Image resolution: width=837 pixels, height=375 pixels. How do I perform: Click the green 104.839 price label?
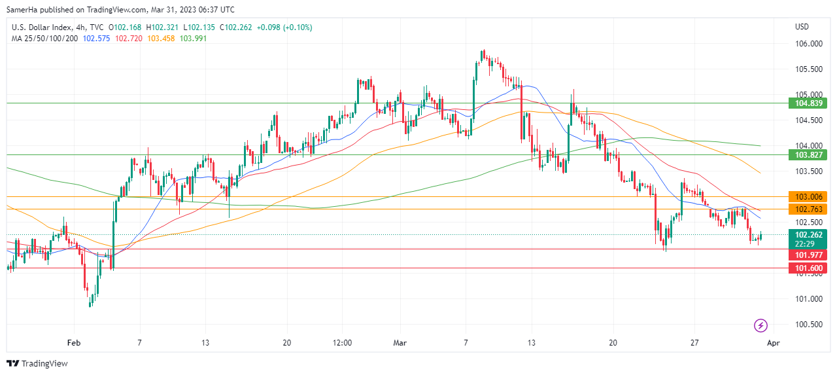coord(810,103)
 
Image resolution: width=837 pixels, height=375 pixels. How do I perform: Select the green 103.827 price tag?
coord(810,155)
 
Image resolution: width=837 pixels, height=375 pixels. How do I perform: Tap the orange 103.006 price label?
coord(810,196)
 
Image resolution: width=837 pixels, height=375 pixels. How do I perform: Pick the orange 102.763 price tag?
coord(810,209)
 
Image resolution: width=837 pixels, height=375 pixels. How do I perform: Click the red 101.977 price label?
coord(810,255)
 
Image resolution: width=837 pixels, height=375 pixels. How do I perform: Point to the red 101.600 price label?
coord(810,268)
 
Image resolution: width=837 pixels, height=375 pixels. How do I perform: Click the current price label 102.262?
coord(810,234)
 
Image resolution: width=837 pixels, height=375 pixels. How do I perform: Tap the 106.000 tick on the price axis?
coord(808,44)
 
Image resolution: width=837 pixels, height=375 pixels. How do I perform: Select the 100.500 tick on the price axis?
coord(808,325)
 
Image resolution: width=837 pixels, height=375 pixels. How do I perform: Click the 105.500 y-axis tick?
coord(808,69)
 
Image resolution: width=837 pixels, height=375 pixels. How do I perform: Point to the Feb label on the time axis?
coord(73,342)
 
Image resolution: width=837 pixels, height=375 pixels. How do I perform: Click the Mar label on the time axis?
coord(400,342)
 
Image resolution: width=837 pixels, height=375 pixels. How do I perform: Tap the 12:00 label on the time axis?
coord(342,342)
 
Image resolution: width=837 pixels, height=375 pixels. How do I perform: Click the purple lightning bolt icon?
coord(760,325)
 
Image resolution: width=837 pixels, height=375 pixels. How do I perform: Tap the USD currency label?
coord(802,27)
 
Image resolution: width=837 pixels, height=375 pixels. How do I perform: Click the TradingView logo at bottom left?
coord(37,363)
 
